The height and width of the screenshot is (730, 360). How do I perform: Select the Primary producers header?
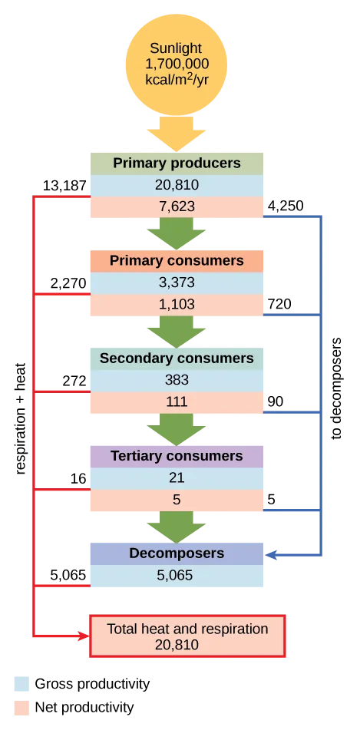click(x=177, y=164)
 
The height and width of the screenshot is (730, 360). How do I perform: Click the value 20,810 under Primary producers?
click(x=177, y=185)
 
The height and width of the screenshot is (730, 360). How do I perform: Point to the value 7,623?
click(x=177, y=206)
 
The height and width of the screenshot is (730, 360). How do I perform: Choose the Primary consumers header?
click(x=177, y=261)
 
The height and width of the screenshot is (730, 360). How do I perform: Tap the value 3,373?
click(x=177, y=282)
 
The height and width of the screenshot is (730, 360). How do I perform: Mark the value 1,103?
click(x=177, y=304)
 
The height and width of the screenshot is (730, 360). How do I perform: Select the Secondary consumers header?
click(x=177, y=358)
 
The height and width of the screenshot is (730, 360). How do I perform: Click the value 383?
click(x=177, y=380)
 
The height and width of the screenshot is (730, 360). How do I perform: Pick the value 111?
click(x=177, y=401)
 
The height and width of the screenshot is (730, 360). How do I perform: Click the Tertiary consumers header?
click(x=177, y=456)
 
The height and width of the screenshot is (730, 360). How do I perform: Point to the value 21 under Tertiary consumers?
click(x=177, y=477)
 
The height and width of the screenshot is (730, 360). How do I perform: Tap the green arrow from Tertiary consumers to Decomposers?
click(x=177, y=526)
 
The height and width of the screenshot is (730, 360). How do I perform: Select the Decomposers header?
click(x=177, y=553)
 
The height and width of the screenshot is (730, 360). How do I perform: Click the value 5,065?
click(x=177, y=575)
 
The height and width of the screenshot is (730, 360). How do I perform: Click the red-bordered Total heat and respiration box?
click(x=188, y=636)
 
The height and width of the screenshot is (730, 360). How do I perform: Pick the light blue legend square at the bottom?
click(x=21, y=684)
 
